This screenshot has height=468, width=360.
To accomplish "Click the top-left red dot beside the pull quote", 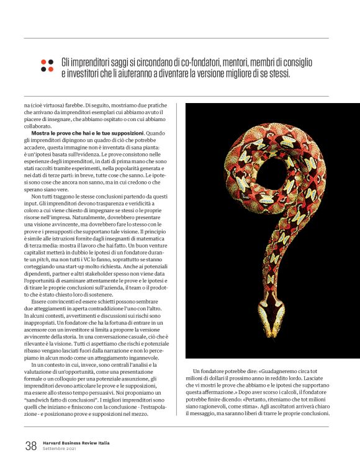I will tap(43, 62).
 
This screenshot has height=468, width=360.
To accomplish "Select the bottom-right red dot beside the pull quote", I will tap(52, 70).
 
